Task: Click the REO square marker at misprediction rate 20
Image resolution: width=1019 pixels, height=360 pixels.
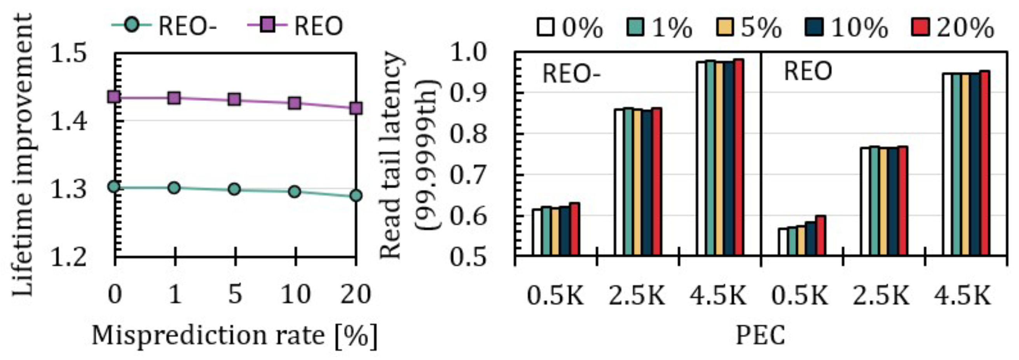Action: pos(356,108)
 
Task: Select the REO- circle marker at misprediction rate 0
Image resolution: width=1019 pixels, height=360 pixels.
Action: pos(114,187)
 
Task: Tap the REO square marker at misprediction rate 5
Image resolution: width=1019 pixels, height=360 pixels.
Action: pos(235,99)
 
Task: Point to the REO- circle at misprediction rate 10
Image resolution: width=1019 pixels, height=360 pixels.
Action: pos(294,192)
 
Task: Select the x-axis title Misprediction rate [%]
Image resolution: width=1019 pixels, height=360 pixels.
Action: pos(235,336)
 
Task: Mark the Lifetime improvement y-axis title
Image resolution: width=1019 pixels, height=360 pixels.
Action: pos(22,154)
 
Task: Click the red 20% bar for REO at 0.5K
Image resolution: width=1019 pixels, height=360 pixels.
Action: pos(821,235)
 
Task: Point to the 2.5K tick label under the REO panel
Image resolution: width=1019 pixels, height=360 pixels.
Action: pos(881,295)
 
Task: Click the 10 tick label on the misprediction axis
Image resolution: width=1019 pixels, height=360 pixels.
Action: pos(295,294)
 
